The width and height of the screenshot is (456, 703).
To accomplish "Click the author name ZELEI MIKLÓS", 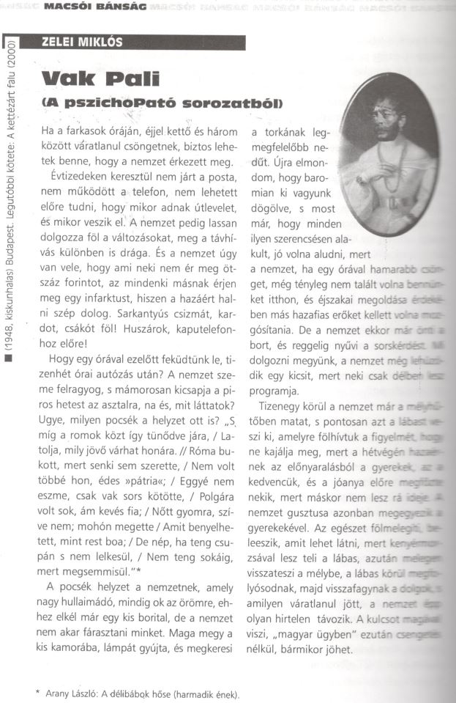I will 82,42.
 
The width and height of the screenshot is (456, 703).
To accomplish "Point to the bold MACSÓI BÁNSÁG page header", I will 107,7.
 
